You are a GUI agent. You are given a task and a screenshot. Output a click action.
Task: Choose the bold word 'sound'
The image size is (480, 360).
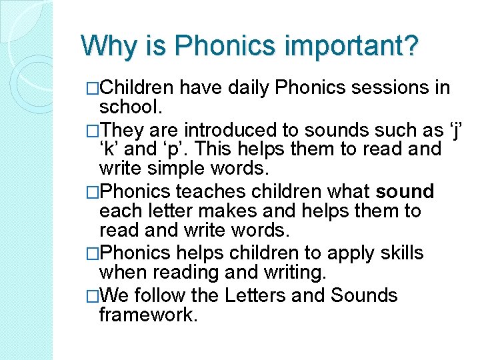[x=405, y=192]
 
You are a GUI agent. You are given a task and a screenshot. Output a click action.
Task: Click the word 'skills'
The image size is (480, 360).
[x=399, y=254]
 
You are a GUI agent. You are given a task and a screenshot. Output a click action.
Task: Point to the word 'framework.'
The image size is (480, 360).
[x=148, y=315]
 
